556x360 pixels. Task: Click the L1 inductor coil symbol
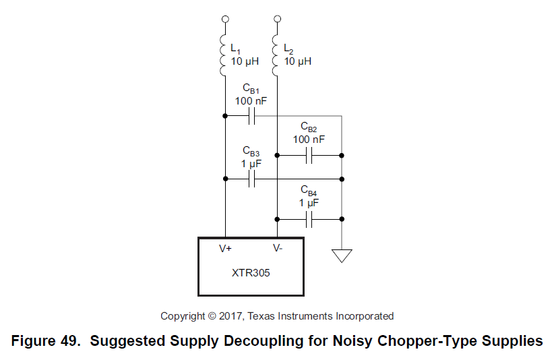[224, 57]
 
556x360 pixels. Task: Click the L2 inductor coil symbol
[277, 57]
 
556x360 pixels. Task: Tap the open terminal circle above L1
[225, 19]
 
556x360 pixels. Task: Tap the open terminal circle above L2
[277, 19]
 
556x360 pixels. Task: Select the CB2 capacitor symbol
[309, 156]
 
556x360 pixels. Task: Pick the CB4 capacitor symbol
[309, 218]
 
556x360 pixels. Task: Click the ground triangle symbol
[342, 256]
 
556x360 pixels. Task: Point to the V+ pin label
[226, 248]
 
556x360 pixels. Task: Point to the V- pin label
[278, 248]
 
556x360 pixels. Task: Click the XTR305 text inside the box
[251, 274]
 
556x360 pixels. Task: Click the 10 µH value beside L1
[245, 61]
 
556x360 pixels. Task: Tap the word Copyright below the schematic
[182, 316]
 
